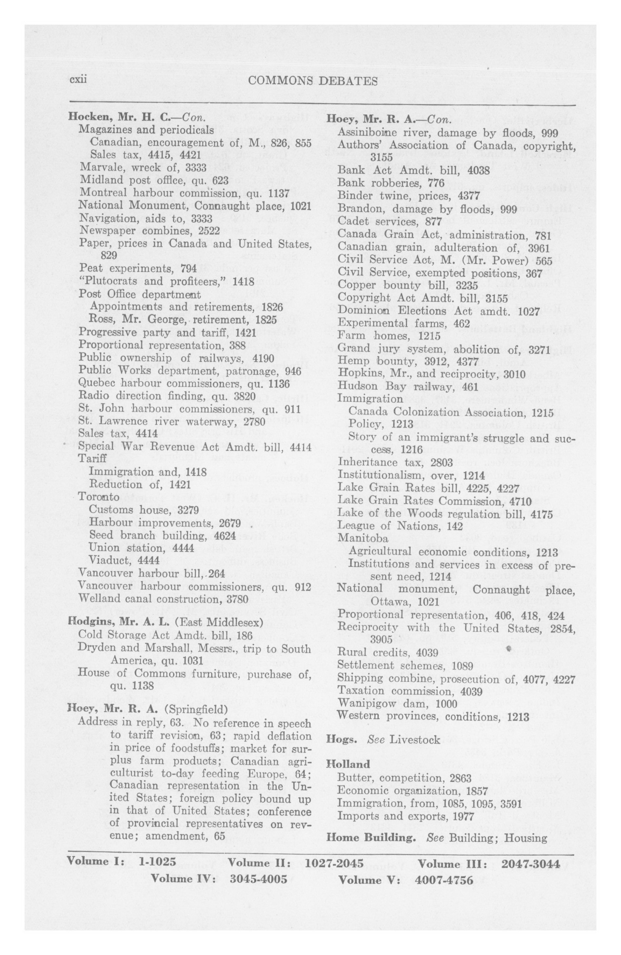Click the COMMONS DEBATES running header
(x=312, y=81)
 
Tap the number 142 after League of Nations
(x=455, y=526)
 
